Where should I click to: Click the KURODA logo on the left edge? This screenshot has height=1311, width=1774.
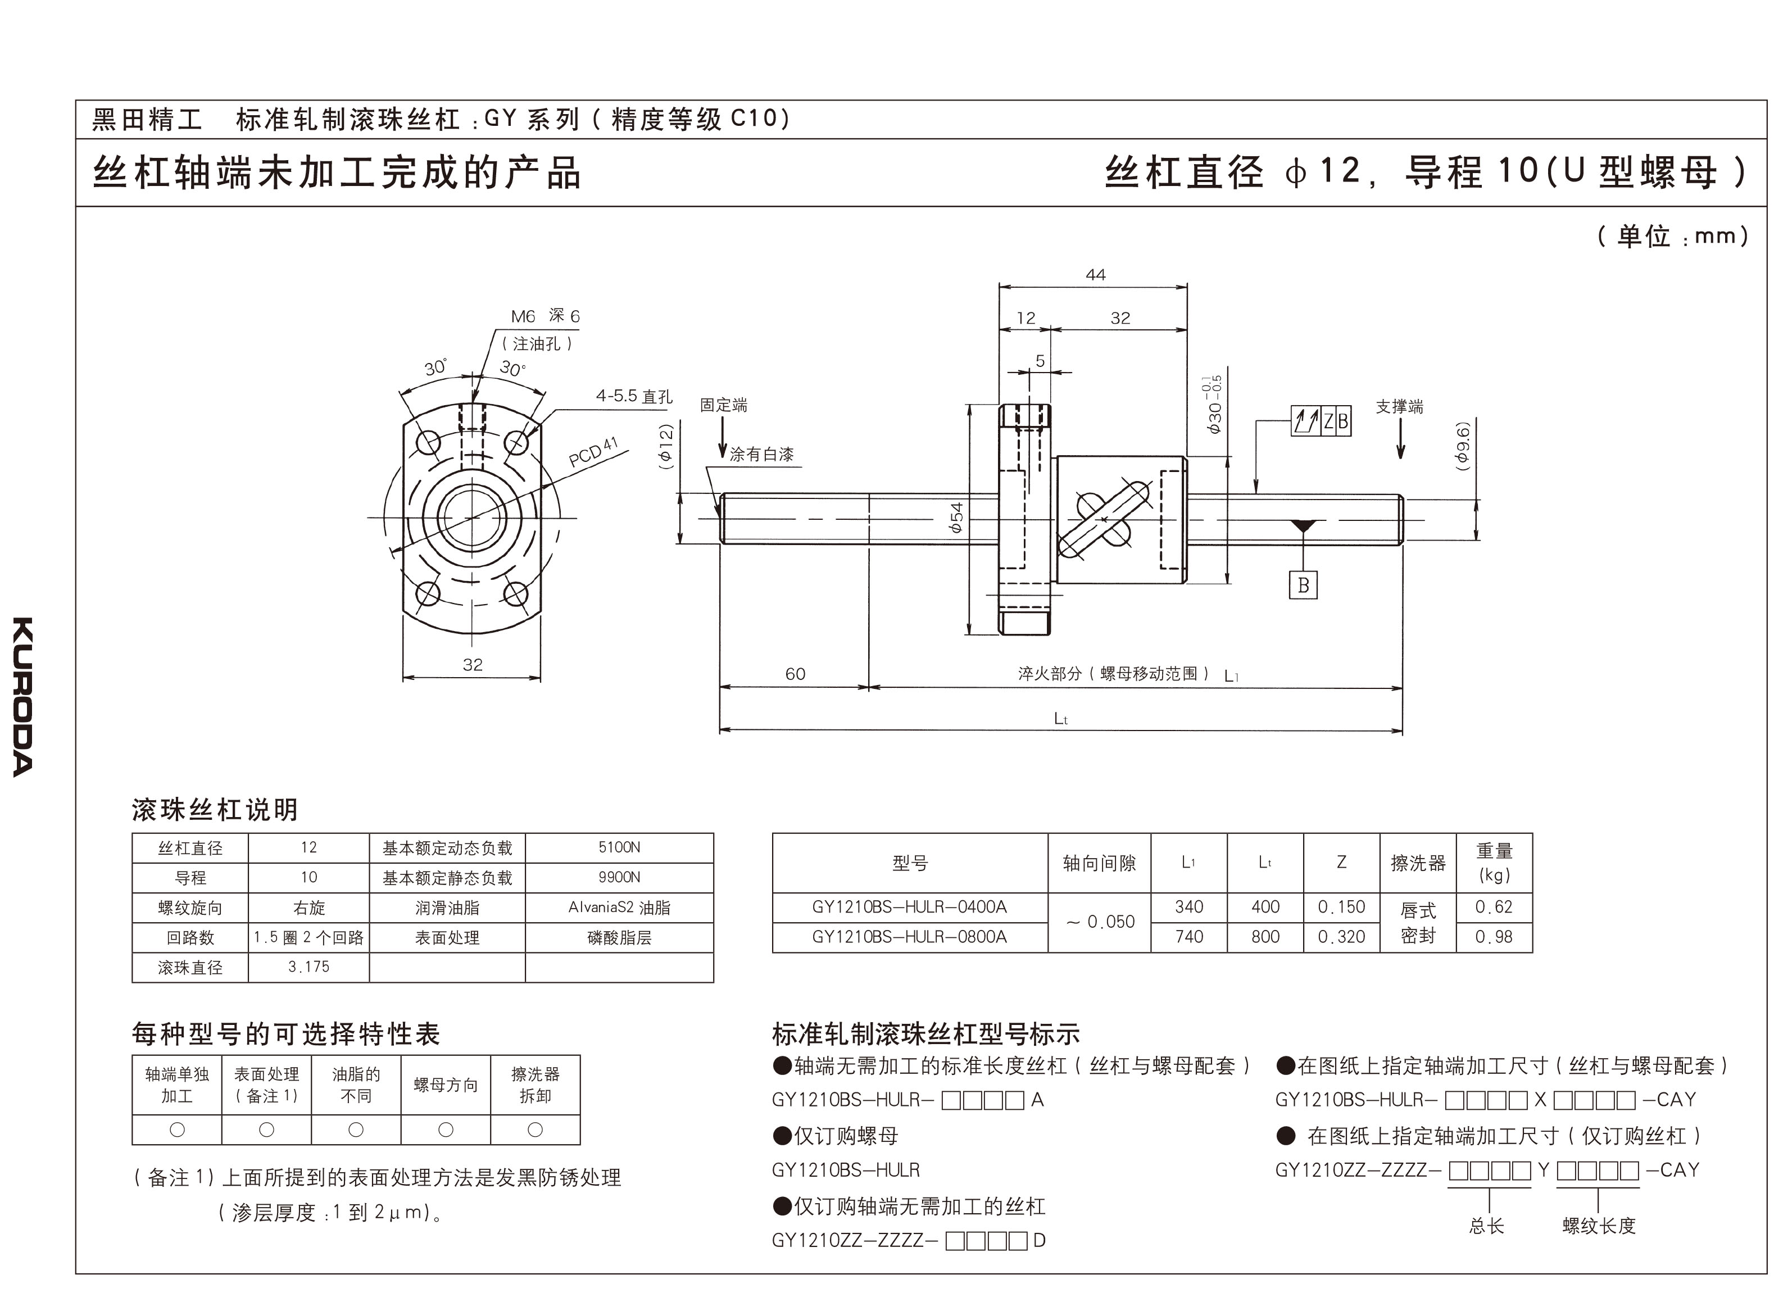23,696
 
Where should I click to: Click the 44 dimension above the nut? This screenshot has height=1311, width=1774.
1095,275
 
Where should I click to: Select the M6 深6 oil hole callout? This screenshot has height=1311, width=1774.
545,316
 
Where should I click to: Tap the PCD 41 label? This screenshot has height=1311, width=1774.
593,452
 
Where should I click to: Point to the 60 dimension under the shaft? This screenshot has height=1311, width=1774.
795,674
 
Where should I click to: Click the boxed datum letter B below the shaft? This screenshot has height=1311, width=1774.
1303,585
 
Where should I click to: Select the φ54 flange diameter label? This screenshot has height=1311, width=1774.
957,518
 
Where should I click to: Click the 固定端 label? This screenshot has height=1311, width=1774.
723,405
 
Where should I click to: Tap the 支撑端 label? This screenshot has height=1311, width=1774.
1400,406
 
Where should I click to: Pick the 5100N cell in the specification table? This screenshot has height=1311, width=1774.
619,847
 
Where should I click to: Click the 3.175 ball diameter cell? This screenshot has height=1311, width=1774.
308,967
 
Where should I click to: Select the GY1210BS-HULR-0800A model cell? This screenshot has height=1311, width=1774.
909,936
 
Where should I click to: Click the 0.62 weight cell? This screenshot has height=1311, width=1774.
1493,906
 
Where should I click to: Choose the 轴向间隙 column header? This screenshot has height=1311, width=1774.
1099,863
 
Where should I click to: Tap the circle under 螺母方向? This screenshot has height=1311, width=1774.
446,1129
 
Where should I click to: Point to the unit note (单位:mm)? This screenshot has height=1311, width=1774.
1672,235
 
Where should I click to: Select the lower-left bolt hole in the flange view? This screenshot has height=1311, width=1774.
428,593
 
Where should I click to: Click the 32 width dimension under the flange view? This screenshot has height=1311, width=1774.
472,664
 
